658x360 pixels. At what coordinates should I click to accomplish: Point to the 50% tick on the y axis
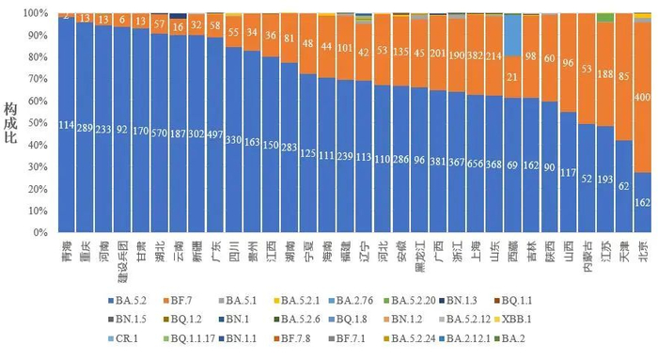pos(41,123)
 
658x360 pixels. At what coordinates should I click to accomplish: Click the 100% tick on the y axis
pos(39,14)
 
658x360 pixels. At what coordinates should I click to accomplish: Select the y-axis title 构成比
pos(12,122)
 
